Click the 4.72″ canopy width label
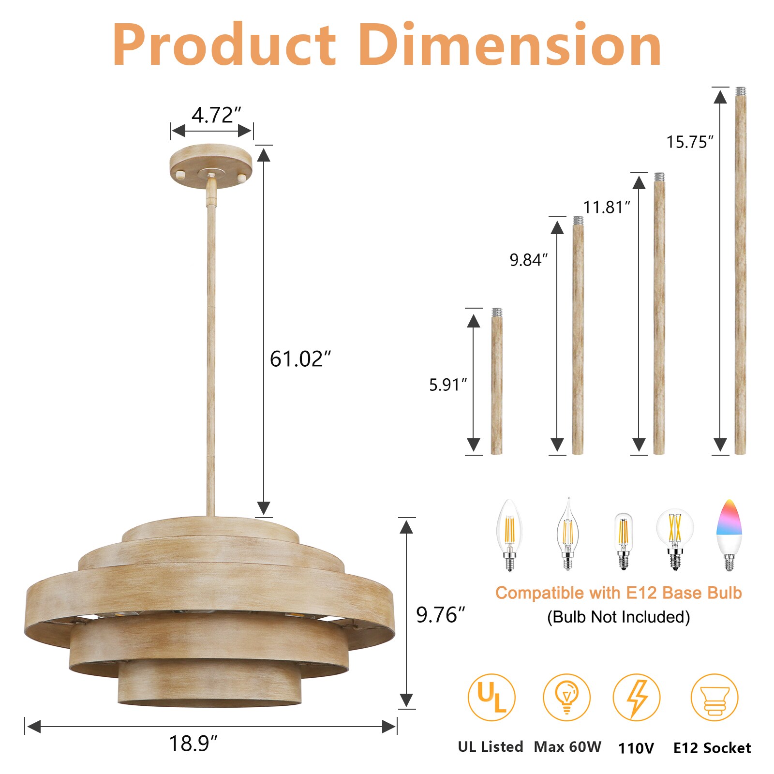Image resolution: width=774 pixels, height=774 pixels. point(216,115)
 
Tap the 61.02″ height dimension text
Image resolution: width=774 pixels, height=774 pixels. point(300,359)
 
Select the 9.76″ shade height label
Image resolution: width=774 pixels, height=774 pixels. point(440,614)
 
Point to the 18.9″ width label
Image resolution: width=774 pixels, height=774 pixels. point(193,743)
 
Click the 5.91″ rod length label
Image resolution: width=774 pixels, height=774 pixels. point(448,385)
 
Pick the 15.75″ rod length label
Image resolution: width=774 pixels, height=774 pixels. point(690,142)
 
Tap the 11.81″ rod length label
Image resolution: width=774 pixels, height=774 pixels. point(607,207)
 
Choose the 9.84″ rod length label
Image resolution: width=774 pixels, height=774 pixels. point(529,260)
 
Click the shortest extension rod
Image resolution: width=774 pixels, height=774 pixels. point(497,381)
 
